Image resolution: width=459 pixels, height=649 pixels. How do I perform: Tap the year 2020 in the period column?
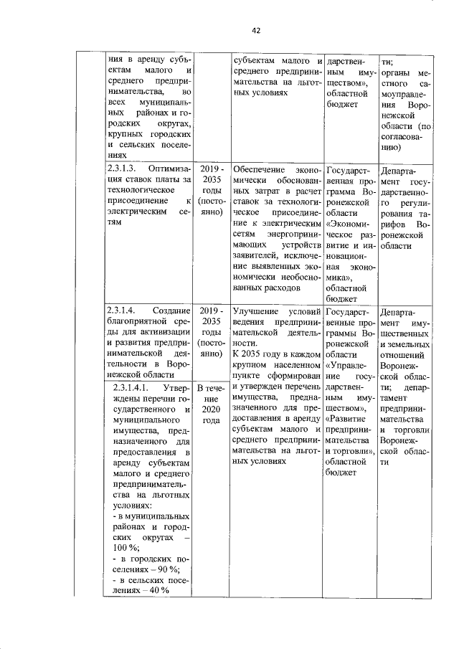[211, 409]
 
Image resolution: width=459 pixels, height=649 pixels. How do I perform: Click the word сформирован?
[294, 375]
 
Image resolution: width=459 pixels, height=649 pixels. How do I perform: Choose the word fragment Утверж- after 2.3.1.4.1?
[172, 388]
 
